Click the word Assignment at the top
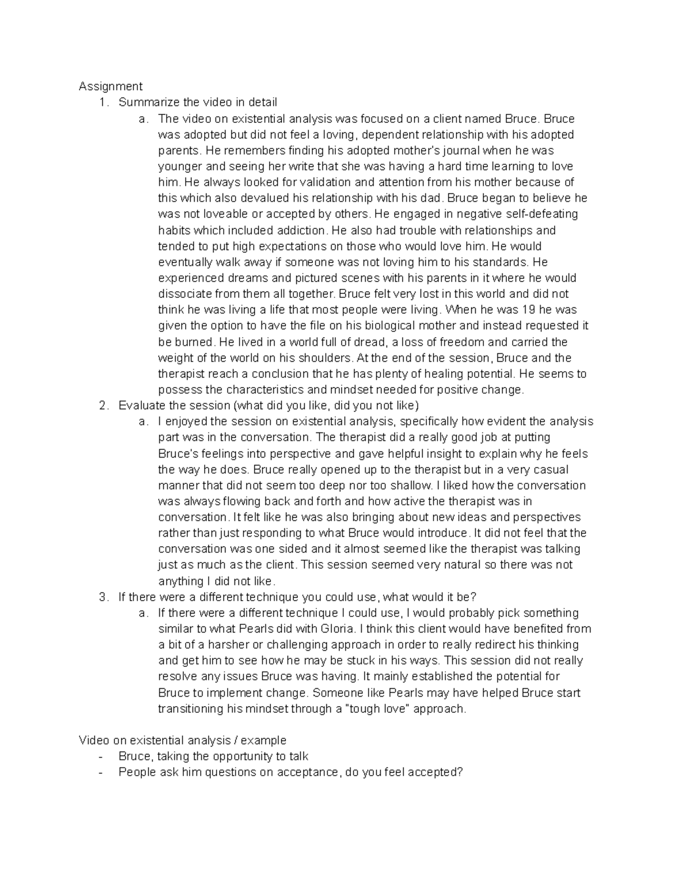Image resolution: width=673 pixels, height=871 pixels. [110, 86]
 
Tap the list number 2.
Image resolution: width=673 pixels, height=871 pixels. [103, 405]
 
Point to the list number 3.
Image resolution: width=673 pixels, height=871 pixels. [103, 597]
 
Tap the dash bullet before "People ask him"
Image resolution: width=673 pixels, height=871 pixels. [100, 772]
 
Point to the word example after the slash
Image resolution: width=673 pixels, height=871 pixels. [262, 740]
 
